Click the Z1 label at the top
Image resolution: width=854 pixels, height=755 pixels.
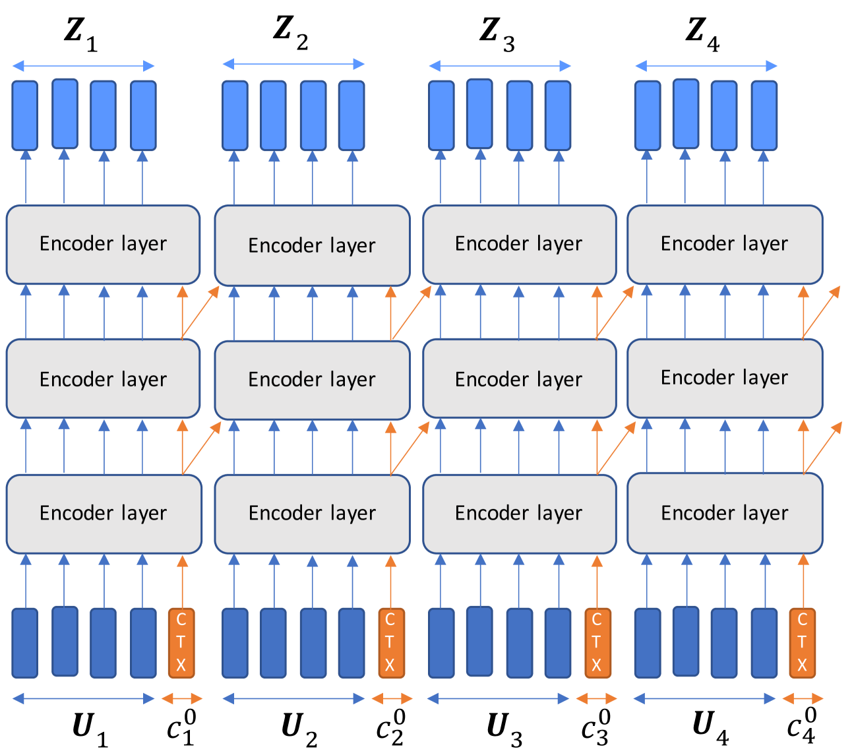coord(81,33)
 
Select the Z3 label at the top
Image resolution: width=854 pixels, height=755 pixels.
coord(497,33)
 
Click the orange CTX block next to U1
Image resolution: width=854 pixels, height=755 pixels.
coord(181,643)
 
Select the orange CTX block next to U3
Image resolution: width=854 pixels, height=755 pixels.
coord(597,643)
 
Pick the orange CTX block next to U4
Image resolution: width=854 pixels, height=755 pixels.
coord(802,643)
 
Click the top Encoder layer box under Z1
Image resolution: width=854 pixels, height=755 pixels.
coord(103,244)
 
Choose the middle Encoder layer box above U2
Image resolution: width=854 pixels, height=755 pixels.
coord(312,380)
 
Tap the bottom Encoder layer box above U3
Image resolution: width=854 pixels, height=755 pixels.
coord(519,514)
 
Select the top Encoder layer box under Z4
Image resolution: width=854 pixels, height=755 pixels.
coord(724,244)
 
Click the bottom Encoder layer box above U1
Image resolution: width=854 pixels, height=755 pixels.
coord(104,514)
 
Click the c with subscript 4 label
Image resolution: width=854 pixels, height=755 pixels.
coord(802,726)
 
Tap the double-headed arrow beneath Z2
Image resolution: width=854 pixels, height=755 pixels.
coord(293,64)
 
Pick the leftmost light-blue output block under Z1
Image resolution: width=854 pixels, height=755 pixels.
coord(25,115)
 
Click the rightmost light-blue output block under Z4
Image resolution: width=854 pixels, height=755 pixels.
coord(764,115)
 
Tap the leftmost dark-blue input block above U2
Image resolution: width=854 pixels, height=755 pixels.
coord(235,643)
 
